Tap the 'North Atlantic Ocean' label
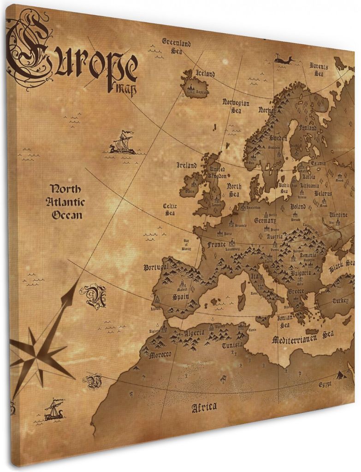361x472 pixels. click(65, 202)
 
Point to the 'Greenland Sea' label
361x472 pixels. click(176, 47)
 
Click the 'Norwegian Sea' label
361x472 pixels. click(236, 106)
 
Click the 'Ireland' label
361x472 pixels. click(186, 165)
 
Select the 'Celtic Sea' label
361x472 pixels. click(170, 210)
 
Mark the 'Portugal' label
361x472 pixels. click(156, 267)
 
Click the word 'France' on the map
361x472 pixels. click(217, 244)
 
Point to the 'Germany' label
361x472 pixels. click(266, 221)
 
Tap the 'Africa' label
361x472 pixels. click(204, 407)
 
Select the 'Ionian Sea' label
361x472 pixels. click(283, 322)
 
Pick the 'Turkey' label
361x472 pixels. click(340, 301)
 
